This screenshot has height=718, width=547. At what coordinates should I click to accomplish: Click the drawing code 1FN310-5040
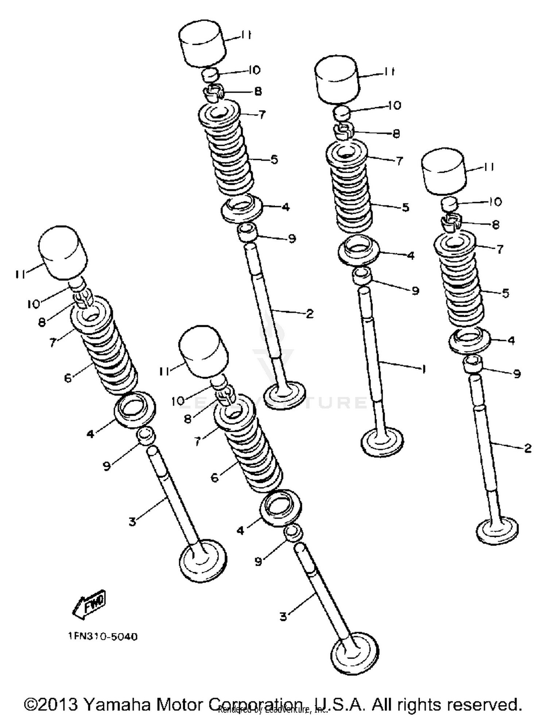tap(103, 637)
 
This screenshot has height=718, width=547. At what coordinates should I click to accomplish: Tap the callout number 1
tap(423, 370)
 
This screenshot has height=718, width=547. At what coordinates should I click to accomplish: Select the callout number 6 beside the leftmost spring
tap(68, 378)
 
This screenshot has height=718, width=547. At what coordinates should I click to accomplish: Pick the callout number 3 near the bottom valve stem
tap(283, 617)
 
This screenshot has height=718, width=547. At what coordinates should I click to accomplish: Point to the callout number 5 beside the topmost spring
tap(274, 159)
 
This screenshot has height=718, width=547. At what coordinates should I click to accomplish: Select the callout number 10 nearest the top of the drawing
tap(254, 70)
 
